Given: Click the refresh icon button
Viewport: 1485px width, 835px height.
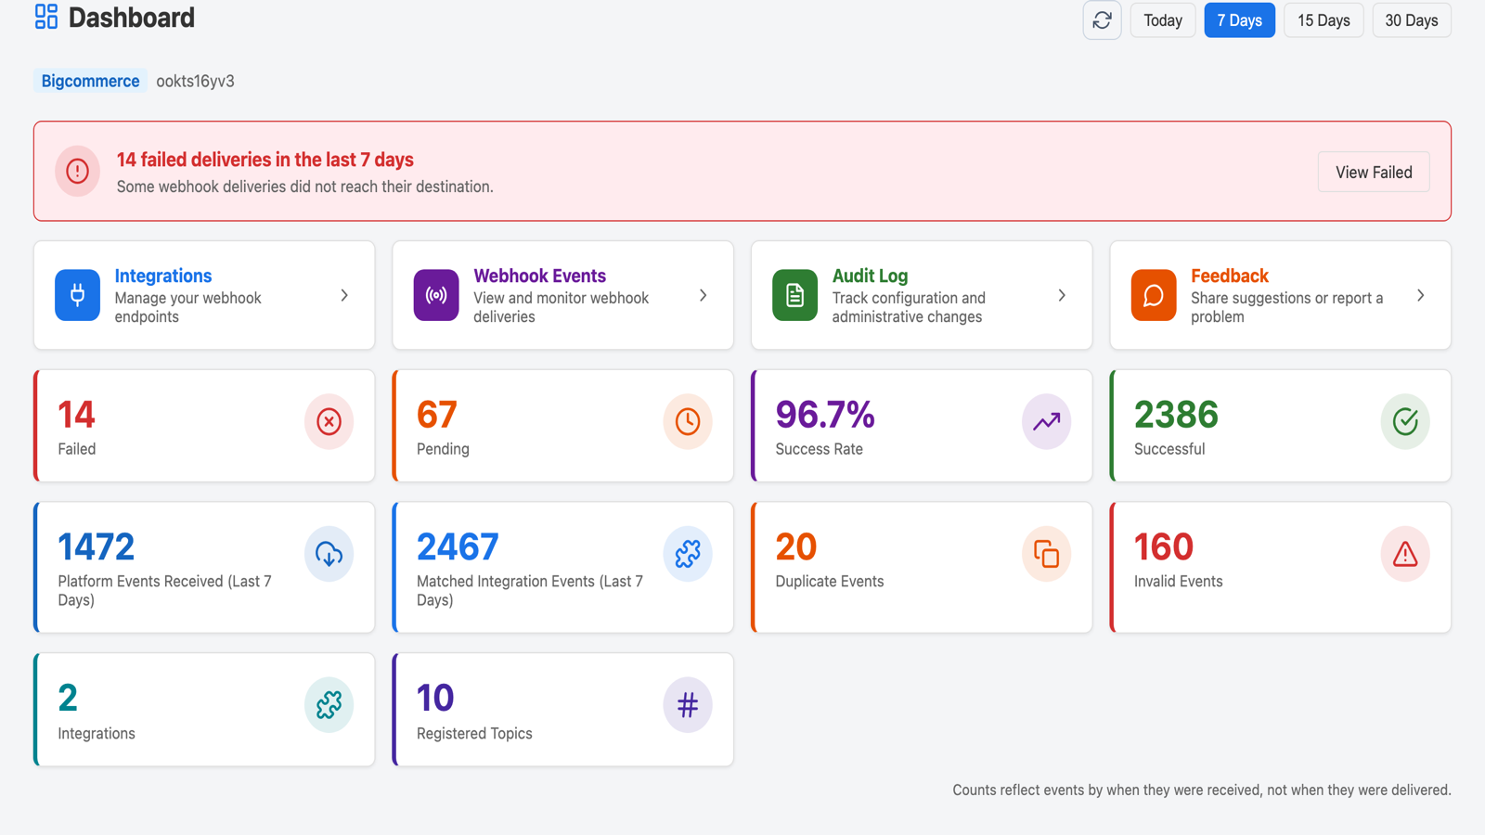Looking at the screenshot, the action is coord(1102,19).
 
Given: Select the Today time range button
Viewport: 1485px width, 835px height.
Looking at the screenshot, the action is coord(1163,19).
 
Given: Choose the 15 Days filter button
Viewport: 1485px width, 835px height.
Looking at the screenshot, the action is coord(1324,19).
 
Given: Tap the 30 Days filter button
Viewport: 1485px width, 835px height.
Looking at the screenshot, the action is coord(1412,19).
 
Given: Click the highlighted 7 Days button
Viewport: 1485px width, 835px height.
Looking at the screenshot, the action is coord(1239,19).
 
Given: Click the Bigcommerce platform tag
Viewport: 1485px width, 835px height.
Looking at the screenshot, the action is coord(90,81).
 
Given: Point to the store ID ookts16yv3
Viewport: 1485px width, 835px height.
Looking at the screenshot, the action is coord(195,81).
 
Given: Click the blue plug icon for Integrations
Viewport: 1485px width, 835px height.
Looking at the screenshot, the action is coord(78,295).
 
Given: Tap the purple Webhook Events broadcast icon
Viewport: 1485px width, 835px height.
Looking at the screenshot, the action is coord(436,295).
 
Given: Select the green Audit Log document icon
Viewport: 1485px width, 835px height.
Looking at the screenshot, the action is coord(794,295).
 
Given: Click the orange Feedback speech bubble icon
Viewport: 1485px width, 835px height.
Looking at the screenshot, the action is coord(1154,295).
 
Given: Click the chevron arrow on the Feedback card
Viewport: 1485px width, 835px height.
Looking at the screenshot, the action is coord(1420,295).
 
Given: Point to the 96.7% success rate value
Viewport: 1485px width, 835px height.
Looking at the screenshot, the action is coord(825,414).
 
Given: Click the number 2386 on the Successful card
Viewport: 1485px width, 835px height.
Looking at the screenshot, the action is coord(1176,414).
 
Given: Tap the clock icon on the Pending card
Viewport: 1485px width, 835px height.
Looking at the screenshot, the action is coord(688,421).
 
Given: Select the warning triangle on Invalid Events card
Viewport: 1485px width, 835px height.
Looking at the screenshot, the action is coord(1405,554).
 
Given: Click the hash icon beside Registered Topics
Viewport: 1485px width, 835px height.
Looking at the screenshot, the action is coord(688,704).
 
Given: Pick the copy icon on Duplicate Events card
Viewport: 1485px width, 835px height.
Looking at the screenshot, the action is coord(1046,554).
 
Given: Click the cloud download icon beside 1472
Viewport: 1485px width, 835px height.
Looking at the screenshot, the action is coord(329,554).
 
